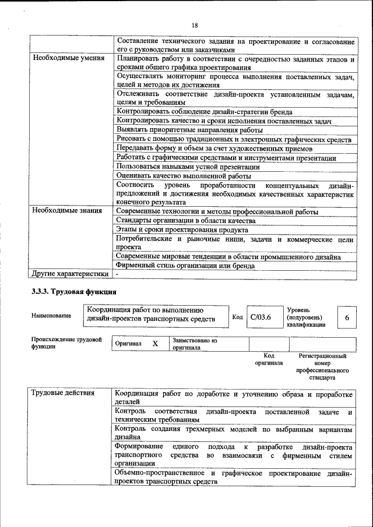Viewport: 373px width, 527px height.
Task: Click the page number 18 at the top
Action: tap(194, 24)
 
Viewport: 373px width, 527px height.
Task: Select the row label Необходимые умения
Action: tap(69, 59)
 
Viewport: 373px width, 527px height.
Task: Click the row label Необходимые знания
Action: tap(68, 211)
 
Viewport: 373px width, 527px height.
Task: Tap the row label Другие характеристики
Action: tap(70, 274)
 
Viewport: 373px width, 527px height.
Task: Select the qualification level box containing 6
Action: tap(347, 317)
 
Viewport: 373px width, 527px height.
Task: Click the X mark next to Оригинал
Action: tap(155, 344)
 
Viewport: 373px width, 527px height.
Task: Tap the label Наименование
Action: tap(52, 316)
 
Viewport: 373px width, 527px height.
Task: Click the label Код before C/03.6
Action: tap(237, 317)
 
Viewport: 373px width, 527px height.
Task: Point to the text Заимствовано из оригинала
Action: tap(195, 344)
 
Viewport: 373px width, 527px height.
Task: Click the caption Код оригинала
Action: tap(269, 359)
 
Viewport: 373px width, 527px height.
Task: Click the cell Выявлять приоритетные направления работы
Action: tap(189, 130)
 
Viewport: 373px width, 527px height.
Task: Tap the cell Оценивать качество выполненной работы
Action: tap(184, 176)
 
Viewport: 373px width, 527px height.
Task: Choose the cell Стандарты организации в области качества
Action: tap(185, 221)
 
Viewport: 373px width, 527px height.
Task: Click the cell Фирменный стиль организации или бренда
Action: tap(185, 266)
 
